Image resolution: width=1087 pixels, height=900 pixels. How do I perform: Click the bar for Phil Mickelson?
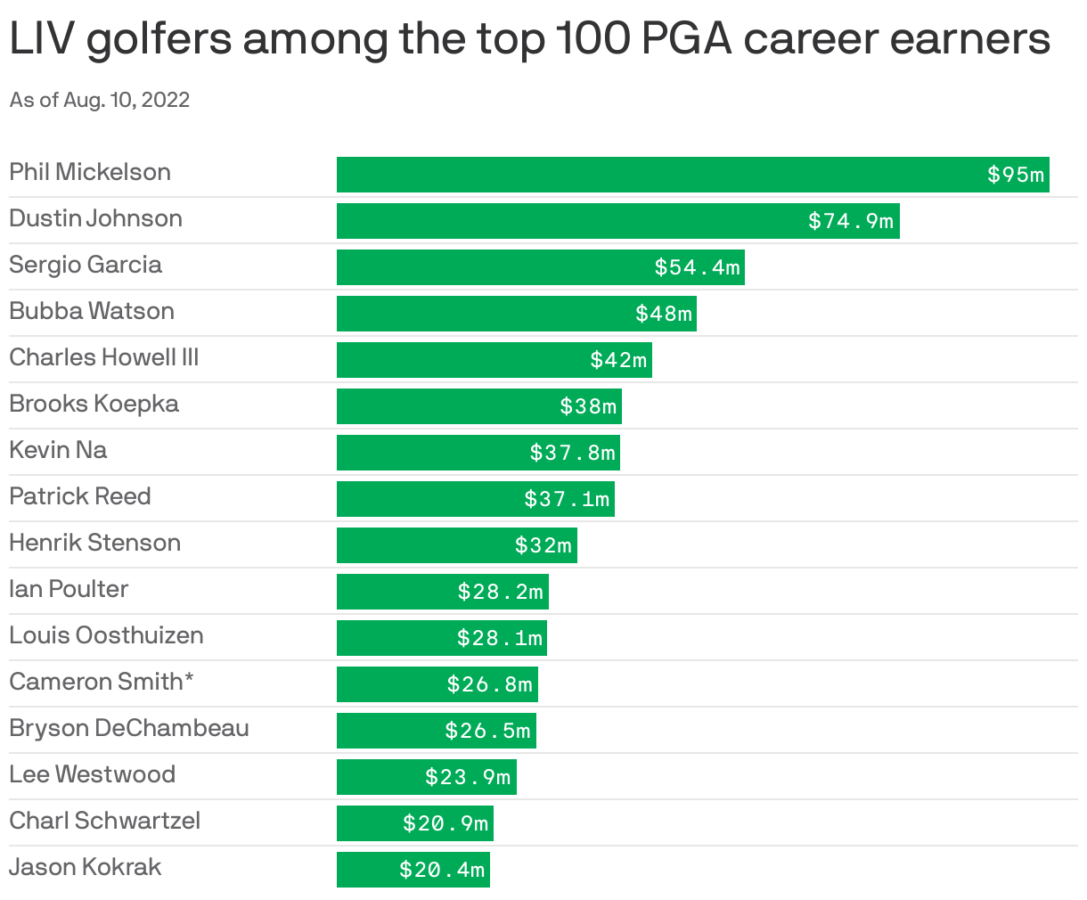coord(659,175)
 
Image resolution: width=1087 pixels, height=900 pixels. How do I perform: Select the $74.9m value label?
coord(850,221)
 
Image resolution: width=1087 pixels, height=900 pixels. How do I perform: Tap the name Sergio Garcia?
coord(86,265)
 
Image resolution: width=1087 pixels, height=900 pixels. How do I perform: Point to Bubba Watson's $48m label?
coord(663,314)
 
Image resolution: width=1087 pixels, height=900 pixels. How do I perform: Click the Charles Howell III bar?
coord(463,360)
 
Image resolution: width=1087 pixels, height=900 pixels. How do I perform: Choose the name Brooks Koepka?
coord(94,404)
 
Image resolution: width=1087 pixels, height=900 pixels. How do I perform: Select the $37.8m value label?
coord(572,453)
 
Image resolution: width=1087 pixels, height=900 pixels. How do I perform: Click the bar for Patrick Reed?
coord(428,499)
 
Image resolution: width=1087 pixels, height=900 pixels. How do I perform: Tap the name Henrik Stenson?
coord(94,543)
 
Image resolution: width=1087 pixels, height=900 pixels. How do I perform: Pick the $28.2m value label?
coord(500,592)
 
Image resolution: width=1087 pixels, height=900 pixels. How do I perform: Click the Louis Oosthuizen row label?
coord(106,635)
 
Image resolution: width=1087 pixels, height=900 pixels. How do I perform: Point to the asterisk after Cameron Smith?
coord(189,680)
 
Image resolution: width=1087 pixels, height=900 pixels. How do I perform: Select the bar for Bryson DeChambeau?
coord(392,731)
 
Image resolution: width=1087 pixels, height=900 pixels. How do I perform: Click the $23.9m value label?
coord(468,777)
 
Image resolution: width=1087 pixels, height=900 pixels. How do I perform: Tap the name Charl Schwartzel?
coord(104,821)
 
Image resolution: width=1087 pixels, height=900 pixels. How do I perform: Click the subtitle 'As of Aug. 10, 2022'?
coord(100,100)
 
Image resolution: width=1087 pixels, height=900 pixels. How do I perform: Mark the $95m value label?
coord(1015,175)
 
